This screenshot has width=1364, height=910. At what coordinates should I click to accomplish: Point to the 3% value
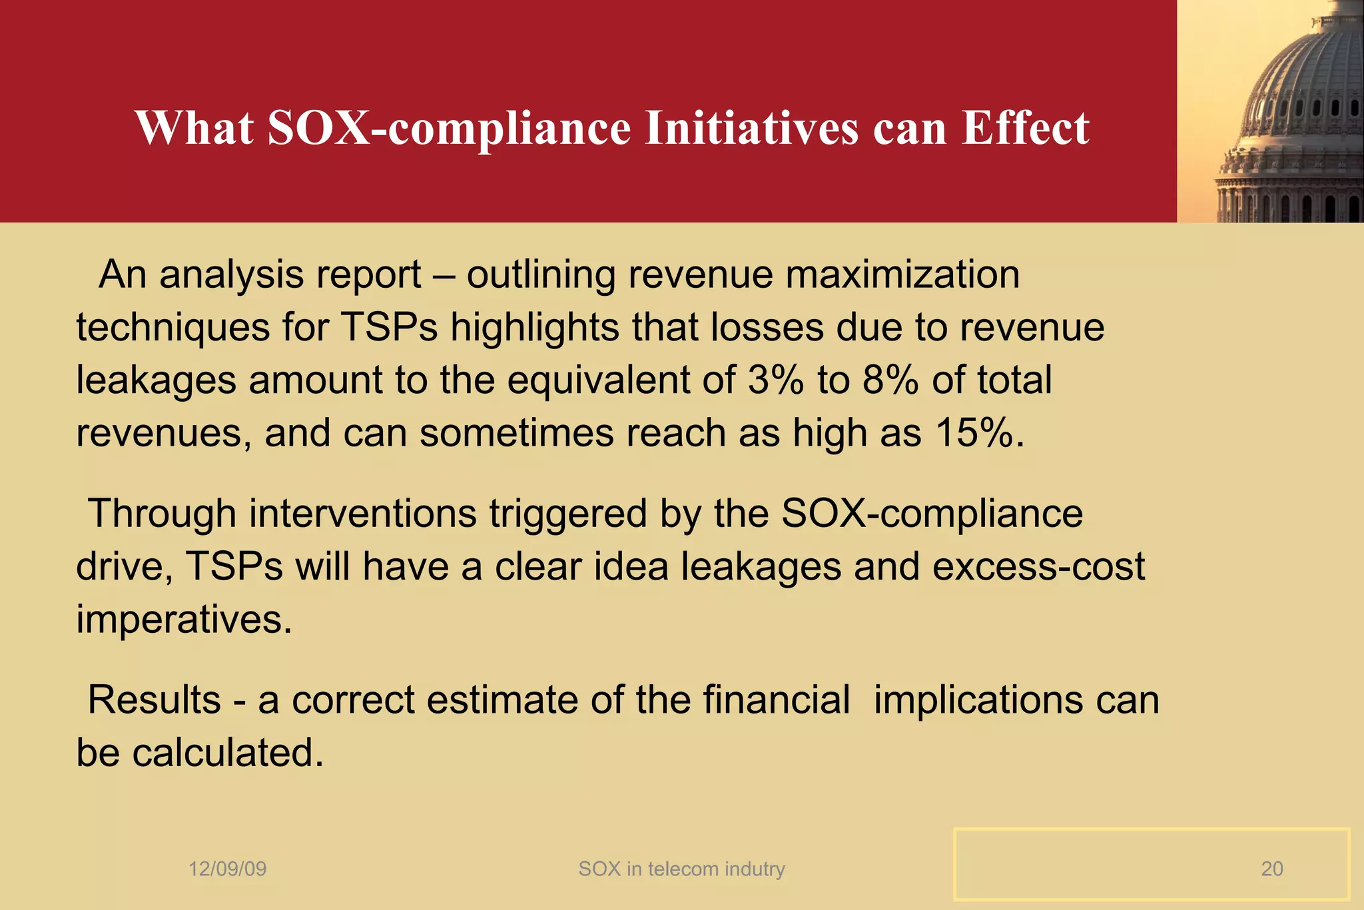click(x=775, y=380)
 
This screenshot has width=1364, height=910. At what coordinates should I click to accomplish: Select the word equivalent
click(x=621, y=380)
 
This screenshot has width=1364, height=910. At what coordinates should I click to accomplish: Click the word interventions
click(x=363, y=514)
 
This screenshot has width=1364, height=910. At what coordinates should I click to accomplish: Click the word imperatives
click(x=184, y=620)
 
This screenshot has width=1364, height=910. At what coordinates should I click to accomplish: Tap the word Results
click(x=155, y=700)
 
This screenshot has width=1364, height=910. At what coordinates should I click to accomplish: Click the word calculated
click(x=228, y=753)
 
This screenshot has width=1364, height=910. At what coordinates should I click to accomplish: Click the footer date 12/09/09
click(x=228, y=869)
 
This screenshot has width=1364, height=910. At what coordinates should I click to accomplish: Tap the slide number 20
click(x=1271, y=869)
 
